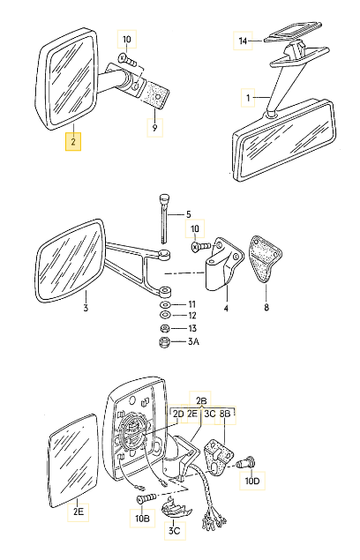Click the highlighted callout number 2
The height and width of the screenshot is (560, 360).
(73, 142)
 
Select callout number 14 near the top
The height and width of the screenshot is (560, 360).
(243, 41)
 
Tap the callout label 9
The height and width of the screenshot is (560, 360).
(154, 128)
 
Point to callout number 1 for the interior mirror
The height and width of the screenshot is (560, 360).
(248, 97)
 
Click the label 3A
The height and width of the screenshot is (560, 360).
(193, 342)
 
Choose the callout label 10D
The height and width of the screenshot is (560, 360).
(252, 481)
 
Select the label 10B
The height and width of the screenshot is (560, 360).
(142, 519)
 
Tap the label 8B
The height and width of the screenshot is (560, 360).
(225, 414)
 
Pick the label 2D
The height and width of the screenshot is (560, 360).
(178, 414)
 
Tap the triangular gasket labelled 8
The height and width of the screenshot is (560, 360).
(265, 258)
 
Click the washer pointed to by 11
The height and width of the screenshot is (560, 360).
(165, 304)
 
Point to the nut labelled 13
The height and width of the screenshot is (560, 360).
(164, 328)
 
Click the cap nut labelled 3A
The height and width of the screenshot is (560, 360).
(164, 342)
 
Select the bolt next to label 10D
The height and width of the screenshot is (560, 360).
(246, 463)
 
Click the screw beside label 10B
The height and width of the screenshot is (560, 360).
(146, 497)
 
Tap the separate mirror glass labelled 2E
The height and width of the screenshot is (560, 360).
(73, 460)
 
